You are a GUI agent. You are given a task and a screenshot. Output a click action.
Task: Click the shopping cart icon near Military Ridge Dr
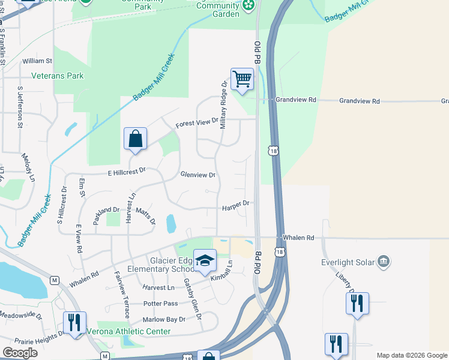tap(242, 79)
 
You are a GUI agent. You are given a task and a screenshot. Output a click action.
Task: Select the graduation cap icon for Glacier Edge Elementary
tap(205, 260)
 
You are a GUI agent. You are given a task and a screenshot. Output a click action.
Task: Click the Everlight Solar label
tap(348, 262)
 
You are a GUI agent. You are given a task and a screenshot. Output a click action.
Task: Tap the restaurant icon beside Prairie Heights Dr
tap(75, 322)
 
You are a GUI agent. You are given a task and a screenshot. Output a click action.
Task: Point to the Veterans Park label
tap(58, 76)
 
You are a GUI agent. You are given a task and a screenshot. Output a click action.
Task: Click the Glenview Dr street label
tap(197, 175)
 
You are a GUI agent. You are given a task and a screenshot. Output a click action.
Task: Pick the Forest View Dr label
tap(197, 122)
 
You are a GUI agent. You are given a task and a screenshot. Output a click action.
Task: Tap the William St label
tap(37, 61)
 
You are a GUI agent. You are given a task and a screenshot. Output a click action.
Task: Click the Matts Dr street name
tap(145, 216)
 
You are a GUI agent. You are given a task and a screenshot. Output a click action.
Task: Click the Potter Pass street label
tap(160, 304)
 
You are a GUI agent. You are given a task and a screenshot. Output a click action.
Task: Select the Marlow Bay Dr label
tap(164, 319)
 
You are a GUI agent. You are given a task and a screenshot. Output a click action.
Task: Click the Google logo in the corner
tap(20, 353)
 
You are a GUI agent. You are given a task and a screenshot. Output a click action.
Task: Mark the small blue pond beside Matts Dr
tap(170, 223)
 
